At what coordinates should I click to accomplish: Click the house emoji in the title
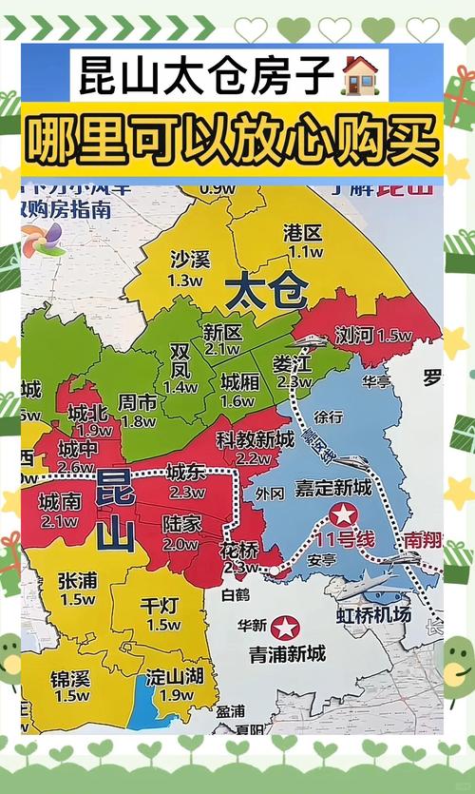click(x=358, y=74)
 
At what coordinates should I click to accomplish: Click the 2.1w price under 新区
click(x=221, y=349)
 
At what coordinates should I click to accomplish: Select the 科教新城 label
click(x=254, y=438)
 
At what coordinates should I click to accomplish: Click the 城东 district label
click(x=185, y=473)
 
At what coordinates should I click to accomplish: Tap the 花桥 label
click(x=238, y=550)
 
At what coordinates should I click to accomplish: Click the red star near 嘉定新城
click(x=342, y=515)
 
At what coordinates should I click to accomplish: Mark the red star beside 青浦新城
click(x=284, y=628)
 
